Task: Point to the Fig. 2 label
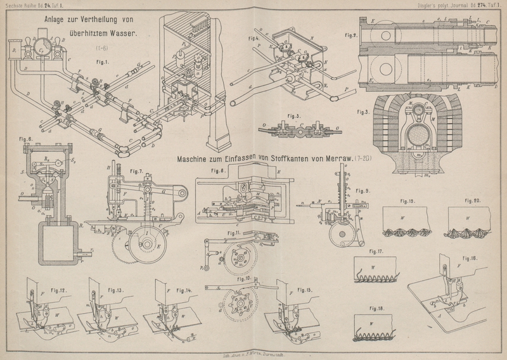click(362, 35)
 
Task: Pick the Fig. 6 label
click(27, 138)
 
